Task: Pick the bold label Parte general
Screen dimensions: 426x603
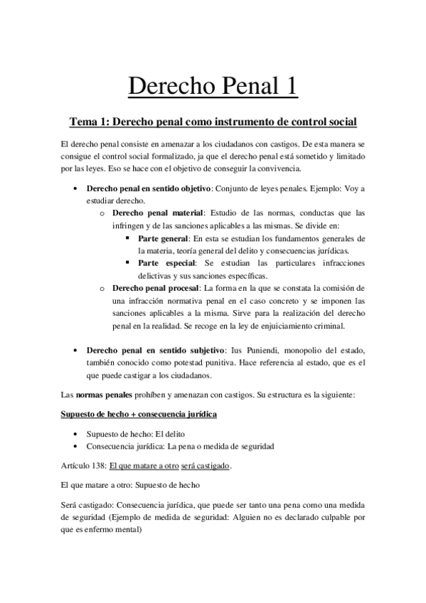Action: (162, 238)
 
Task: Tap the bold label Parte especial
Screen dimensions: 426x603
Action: (164, 262)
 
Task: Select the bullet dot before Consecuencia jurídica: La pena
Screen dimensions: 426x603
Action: (77, 445)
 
